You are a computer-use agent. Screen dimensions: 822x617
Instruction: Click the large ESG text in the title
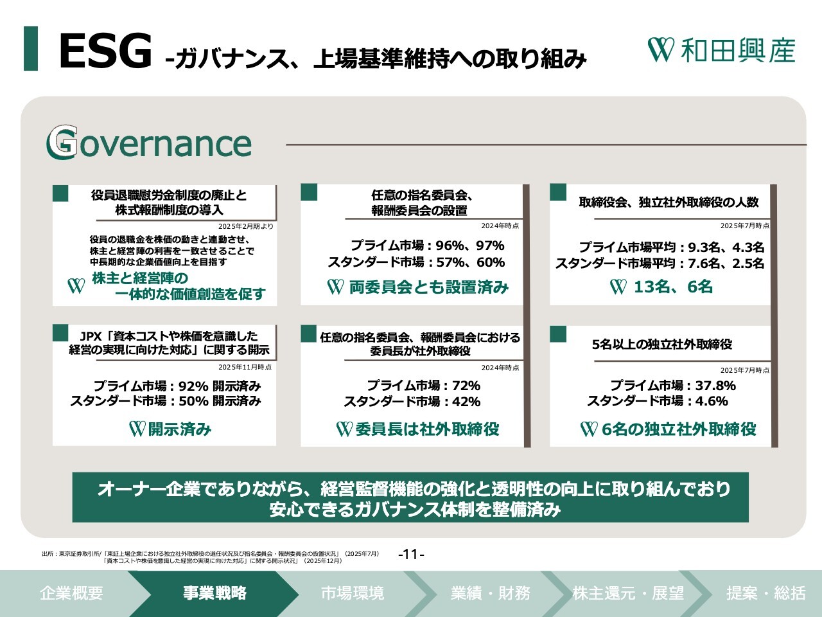click(105, 51)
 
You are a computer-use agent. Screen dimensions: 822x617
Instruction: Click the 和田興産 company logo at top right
click(721, 50)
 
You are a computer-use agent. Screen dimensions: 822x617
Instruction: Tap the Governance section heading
click(149, 143)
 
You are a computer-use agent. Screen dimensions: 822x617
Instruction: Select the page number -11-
click(411, 553)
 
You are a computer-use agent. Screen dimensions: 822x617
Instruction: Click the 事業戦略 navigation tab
click(214, 593)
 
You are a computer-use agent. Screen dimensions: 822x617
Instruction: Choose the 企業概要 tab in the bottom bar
click(71, 593)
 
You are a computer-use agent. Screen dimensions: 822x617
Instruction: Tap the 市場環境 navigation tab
click(353, 593)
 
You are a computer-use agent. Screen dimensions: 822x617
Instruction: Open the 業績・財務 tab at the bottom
click(490, 593)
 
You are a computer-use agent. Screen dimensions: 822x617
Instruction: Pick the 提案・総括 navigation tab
click(766, 593)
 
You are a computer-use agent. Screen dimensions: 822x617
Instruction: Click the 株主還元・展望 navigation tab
click(628, 593)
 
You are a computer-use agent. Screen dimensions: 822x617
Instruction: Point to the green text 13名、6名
click(673, 287)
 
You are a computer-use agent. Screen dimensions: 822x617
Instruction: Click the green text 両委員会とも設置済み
click(429, 287)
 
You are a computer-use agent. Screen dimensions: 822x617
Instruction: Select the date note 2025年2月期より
click(246, 226)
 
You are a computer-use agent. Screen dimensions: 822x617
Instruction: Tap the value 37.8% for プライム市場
click(715, 385)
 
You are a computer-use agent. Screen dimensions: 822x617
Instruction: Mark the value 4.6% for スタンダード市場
click(712, 401)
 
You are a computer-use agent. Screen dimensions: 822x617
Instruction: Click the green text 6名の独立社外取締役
click(679, 429)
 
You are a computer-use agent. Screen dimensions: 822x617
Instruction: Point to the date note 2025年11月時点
click(245, 367)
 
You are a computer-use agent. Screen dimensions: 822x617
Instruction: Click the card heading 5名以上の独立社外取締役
click(661, 344)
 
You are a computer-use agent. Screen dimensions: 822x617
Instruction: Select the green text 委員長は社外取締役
click(427, 429)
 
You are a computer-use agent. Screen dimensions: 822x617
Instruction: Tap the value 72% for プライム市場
click(466, 385)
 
